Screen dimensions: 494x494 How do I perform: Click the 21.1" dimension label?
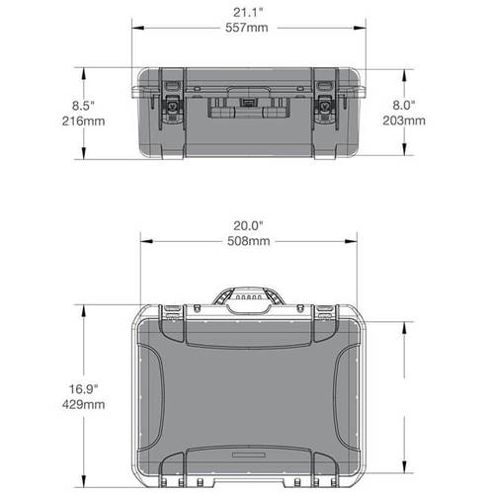pos(247,12)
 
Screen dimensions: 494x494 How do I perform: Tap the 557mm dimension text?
pos(247,29)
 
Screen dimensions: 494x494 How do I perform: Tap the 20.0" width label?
pos(247,223)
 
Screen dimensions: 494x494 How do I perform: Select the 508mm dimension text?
pos(247,240)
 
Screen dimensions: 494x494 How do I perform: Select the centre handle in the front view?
pos(247,105)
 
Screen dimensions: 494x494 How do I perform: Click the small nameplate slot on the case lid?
pos(247,457)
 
